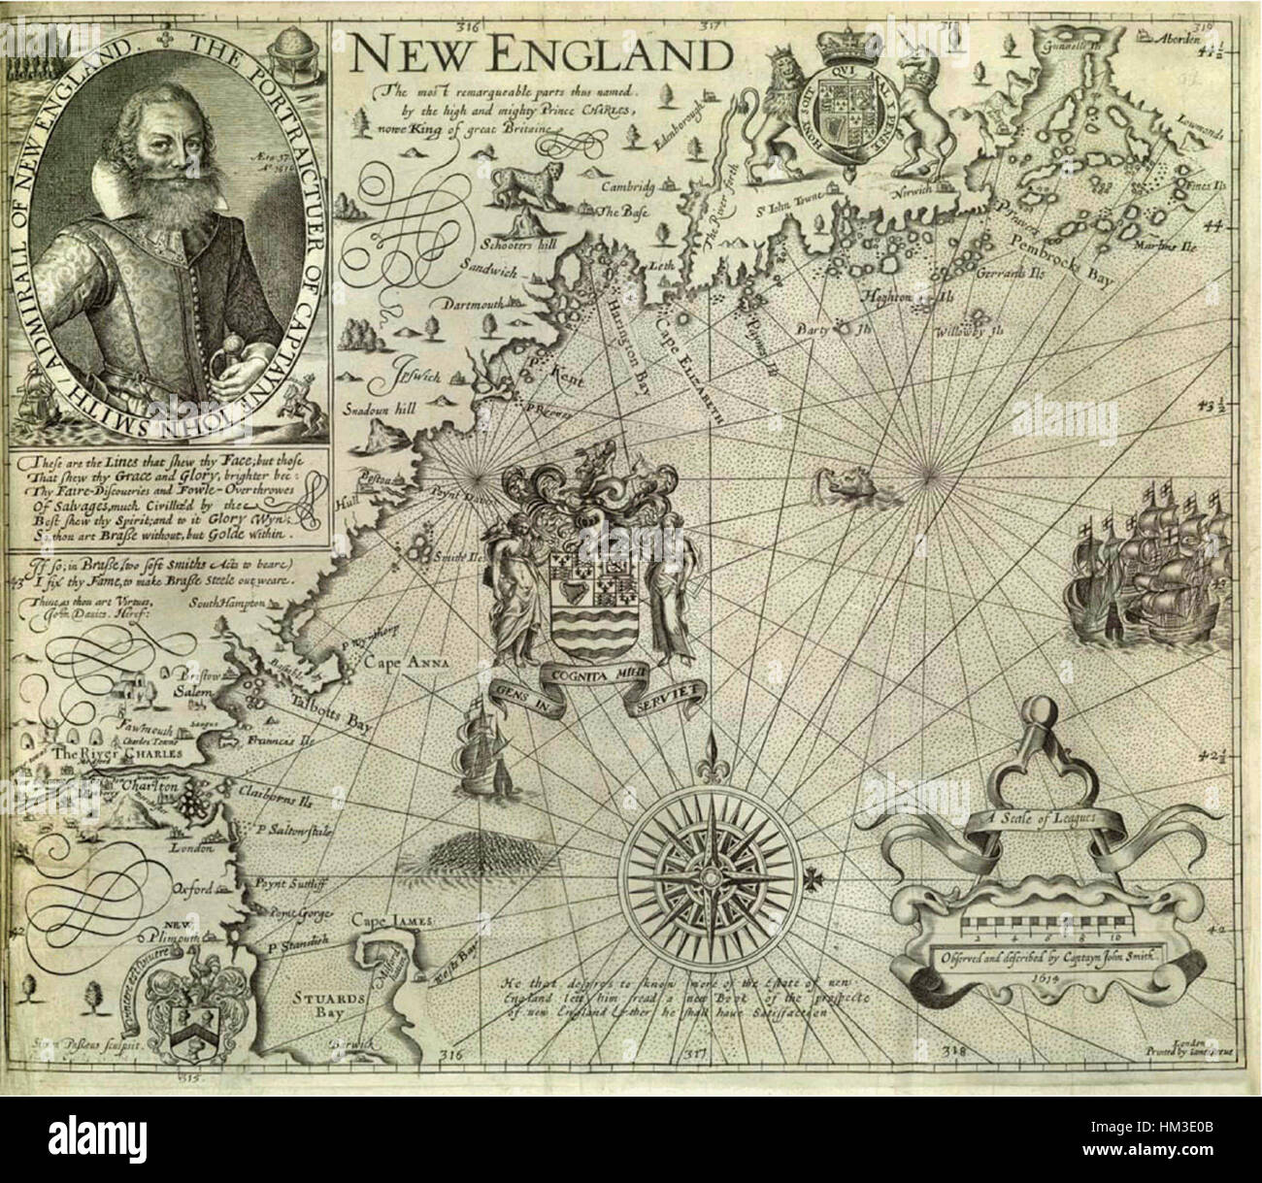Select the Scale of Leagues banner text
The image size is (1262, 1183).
click(1033, 820)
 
